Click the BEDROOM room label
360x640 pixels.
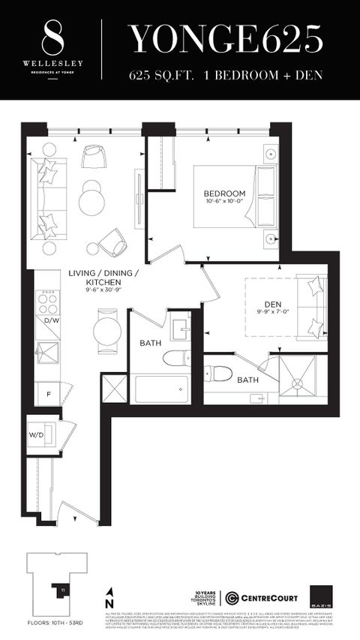click(223, 194)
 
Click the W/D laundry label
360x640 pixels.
click(36, 434)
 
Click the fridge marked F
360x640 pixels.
click(48, 392)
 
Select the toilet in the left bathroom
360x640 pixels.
click(176, 357)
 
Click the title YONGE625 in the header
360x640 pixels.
click(226, 37)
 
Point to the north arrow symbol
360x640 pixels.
click(110, 598)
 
